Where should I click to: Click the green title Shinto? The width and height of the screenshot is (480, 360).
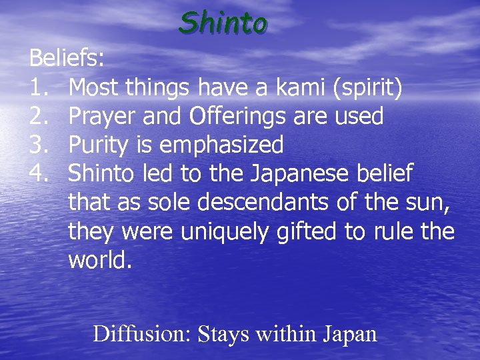(x=223, y=23)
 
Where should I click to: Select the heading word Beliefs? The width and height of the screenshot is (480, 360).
(x=67, y=59)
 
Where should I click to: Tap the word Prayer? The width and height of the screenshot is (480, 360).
(x=105, y=117)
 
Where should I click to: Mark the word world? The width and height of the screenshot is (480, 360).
(x=100, y=260)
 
